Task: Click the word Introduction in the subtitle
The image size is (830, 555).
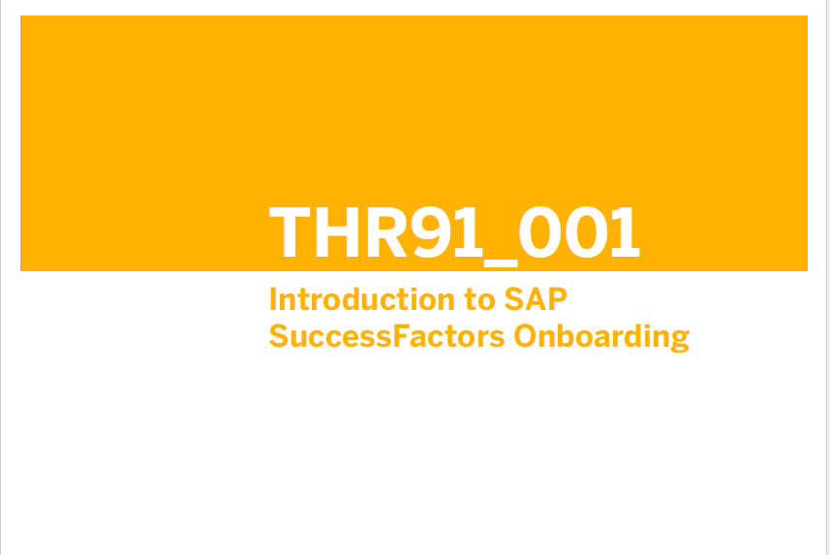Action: pyautogui.click(x=362, y=299)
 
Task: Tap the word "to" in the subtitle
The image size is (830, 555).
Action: pyautogui.click(x=479, y=300)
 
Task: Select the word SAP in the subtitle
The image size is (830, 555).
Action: pyautogui.click(x=536, y=299)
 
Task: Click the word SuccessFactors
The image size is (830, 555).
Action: pyautogui.click(x=387, y=336)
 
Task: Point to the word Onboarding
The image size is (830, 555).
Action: pyautogui.click(x=601, y=337)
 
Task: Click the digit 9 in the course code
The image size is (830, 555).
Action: pyautogui.click(x=431, y=231)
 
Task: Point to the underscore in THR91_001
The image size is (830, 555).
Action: pyautogui.click(x=501, y=262)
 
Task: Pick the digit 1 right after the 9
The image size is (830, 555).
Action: pyautogui.click(x=470, y=231)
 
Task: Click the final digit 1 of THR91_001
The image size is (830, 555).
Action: pyautogui.click(x=626, y=231)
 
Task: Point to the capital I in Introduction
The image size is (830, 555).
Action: pyautogui.click(x=273, y=299)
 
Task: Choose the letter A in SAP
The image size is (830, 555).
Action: pyautogui.click(x=537, y=299)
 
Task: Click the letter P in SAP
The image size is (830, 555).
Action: pyautogui.click(x=559, y=299)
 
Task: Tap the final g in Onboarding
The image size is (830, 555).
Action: pyautogui.click(x=680, y=342)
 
